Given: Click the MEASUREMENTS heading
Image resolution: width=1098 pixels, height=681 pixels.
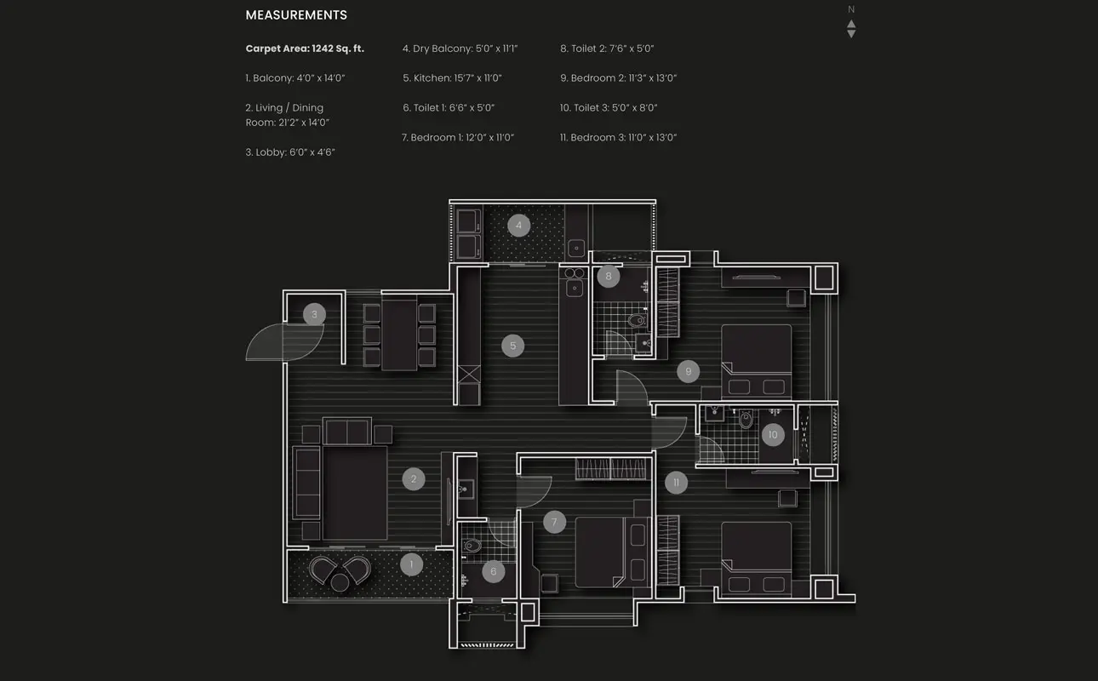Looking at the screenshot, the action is tap(296, 15).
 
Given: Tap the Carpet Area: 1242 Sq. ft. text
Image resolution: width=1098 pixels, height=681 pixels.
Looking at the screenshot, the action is tap(305, 49).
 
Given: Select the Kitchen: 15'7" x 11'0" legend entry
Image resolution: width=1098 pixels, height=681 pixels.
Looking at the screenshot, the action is tap(452, 78).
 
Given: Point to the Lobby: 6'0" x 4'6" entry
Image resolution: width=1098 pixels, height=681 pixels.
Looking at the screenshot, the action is tap(290, 152).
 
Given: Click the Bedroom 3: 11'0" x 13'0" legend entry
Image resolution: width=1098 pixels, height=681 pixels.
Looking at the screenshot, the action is tap(618, 137).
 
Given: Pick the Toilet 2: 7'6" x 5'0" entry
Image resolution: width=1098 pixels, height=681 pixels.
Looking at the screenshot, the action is tap(607, 49).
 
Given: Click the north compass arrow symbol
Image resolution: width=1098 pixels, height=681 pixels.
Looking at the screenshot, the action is tap(851, 28).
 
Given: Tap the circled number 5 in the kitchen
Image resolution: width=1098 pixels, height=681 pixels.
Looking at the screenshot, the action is tap(512, 346).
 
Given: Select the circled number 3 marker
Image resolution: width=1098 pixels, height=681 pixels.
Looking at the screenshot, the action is tap(314, 314).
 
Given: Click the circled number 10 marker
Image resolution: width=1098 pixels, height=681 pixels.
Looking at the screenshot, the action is tap(773, 434).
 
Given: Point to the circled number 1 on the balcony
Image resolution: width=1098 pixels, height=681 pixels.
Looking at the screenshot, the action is tap(411, 564).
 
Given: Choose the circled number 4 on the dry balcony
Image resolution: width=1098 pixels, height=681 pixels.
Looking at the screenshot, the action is tap(518, 225).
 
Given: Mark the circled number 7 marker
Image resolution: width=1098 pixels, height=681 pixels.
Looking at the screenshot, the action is tap(554, 522).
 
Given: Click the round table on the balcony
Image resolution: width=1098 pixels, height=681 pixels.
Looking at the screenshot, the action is tap(340, 582).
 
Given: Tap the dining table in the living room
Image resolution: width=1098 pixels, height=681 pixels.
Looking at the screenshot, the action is tap(399, 335).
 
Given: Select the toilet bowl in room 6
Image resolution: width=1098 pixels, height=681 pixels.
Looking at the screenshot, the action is tap(472, 545).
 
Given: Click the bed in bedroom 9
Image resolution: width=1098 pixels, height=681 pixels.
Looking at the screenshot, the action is tap(757, 361).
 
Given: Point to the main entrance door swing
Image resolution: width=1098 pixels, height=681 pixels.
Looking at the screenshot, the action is tap(284, 342).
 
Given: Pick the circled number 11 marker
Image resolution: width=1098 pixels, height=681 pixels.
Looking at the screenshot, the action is tap(676, 483).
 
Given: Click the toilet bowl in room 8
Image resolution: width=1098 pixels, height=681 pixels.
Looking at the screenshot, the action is tap(637, 321).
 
